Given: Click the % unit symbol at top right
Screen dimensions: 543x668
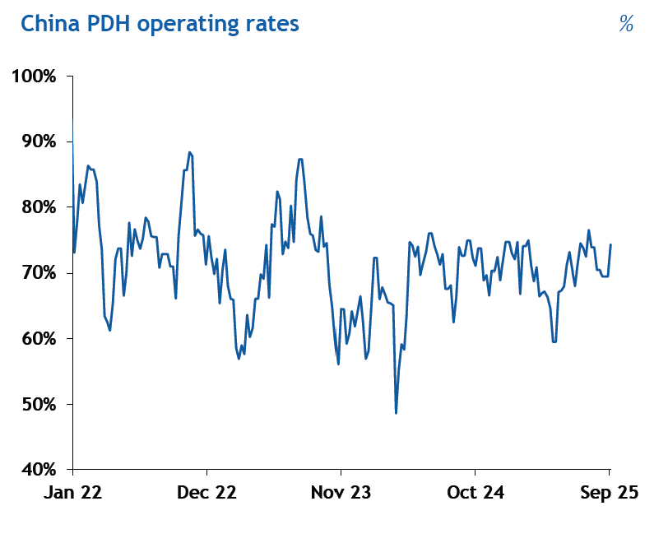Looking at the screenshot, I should (x=626, y=24).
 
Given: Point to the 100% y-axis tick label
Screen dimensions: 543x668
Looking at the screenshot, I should (x=34, y=77).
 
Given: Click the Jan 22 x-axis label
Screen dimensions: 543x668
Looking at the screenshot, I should (x=73, y=493).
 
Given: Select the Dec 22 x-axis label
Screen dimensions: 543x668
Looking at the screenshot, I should (x=207, y=493).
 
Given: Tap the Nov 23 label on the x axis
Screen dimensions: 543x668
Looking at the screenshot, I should (x=341, y=493).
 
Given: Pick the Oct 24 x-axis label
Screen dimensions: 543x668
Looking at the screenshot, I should (x=475, y=493).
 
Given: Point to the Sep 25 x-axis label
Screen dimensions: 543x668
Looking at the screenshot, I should (x=609, y=493).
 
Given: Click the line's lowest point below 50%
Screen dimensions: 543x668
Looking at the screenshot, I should (x=397, y=413).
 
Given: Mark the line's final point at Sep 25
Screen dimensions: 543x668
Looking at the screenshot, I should (x=610, y=244).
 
